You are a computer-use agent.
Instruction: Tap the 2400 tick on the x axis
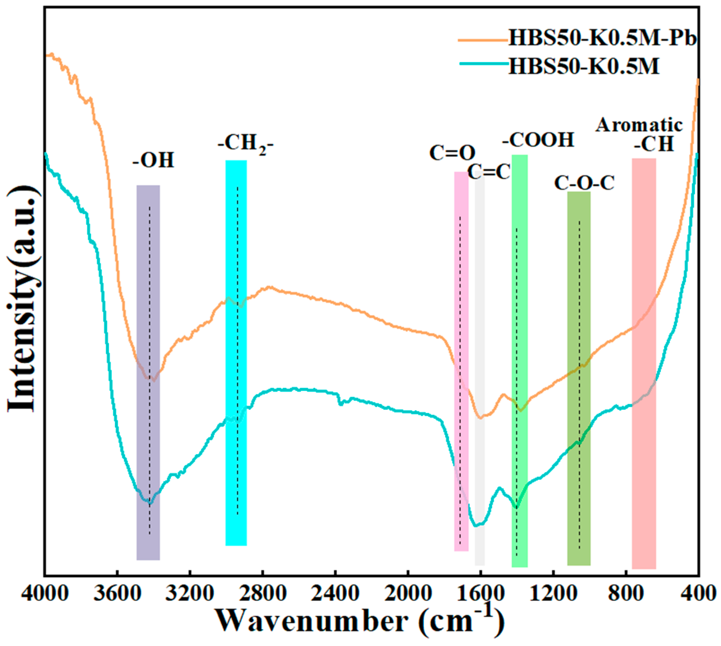335,593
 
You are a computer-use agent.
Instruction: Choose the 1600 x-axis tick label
480,593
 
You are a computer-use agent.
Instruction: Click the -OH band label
153,160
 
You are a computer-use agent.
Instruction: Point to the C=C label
489,173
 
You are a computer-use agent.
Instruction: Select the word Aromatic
639,125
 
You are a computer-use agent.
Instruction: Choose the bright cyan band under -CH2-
236,355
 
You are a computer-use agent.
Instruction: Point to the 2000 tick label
407,593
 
